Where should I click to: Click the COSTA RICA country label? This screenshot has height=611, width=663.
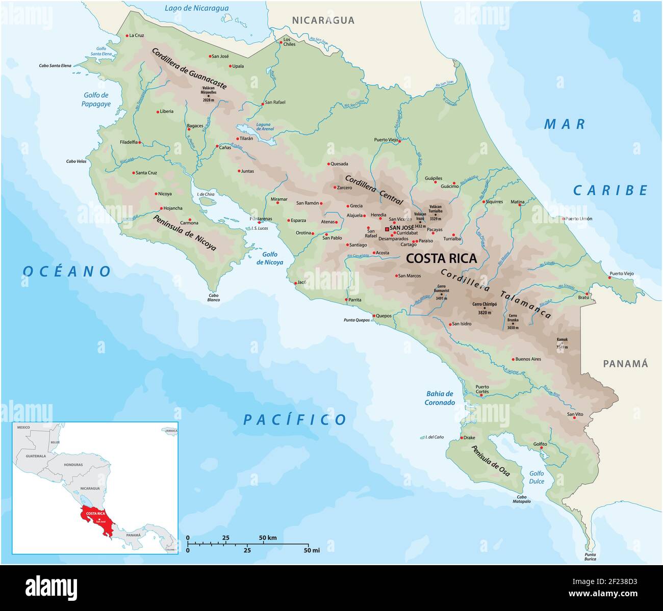click(x=441, y=258)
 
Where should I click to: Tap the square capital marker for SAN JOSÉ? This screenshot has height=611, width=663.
click(x=387, y=229)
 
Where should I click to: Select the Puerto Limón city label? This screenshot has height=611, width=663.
click(x=578, y=219)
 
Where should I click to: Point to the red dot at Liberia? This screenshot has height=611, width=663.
click(x=158, y=112)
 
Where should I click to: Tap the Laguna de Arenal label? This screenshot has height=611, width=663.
click(x=265, y=126)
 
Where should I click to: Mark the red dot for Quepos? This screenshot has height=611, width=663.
click(x=374, y=316)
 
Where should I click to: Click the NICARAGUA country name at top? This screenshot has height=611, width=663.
click(x=323, y=20)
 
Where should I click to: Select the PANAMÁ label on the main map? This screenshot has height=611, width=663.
click(x=625, y=364)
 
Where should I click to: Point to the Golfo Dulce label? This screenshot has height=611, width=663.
click(x=537, y=477)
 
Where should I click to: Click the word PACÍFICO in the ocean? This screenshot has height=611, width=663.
click(x=295, y=420)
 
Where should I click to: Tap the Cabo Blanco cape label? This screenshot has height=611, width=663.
click(x=213, y=298)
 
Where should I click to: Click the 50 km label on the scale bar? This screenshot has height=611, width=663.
click(x=268, y=538)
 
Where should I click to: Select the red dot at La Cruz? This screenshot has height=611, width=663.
click(x=127, y=36)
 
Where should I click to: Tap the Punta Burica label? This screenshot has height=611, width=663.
click(x=590, y=557)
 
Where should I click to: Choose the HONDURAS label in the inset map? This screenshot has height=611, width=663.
click(x=73, y=465)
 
